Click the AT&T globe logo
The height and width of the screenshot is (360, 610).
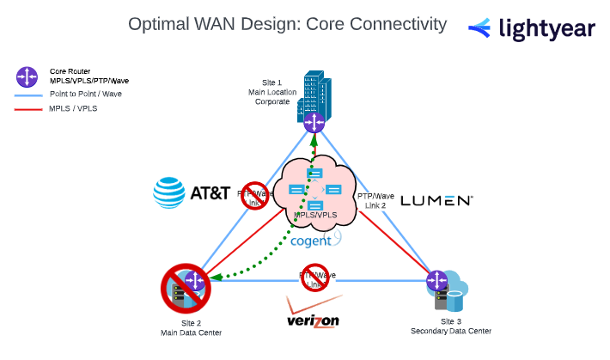169,192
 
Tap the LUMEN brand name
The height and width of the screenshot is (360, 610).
436,200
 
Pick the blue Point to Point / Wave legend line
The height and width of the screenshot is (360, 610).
28,94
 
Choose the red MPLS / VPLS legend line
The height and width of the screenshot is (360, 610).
28,109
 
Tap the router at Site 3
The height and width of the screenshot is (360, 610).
437,279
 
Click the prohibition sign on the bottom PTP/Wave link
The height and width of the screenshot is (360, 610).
315,278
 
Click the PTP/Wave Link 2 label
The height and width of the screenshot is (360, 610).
376,201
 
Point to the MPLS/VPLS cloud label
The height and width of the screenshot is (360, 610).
314,213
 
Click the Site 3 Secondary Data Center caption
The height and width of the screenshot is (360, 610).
451,326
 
